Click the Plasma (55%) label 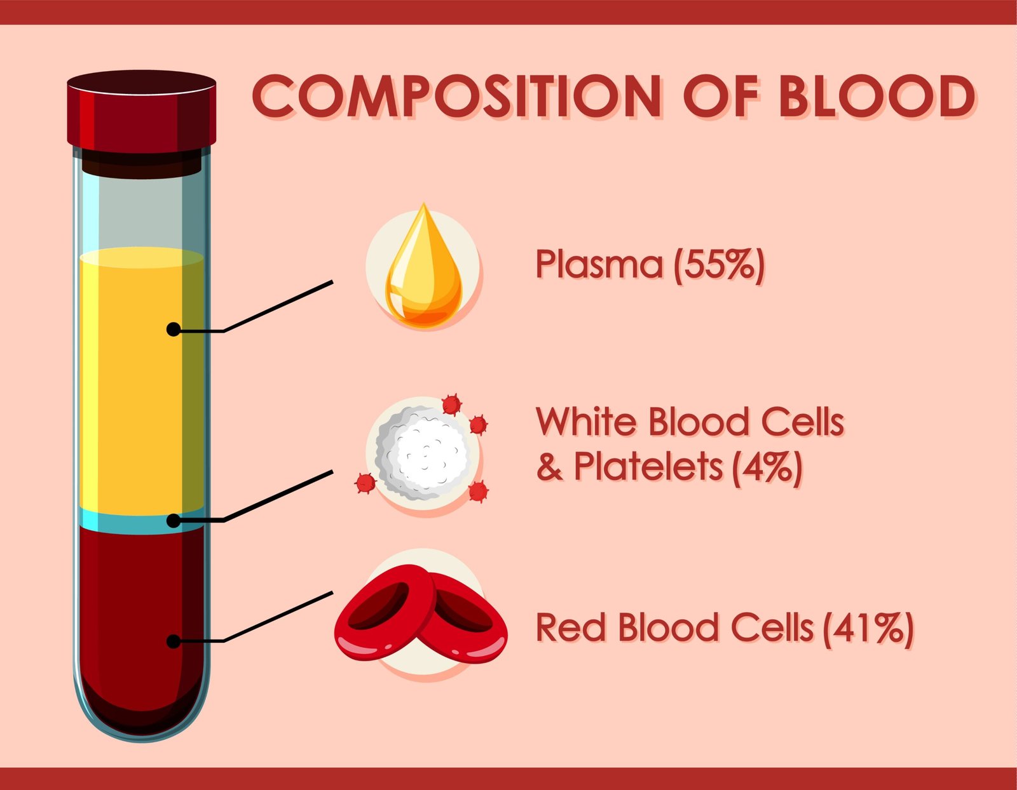650,265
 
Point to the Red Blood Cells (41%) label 724,629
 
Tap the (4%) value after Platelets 767,467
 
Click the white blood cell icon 421,453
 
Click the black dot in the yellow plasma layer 173,330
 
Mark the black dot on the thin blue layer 173,521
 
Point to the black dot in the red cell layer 173,641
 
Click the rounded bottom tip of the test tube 141,739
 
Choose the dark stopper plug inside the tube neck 141,164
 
